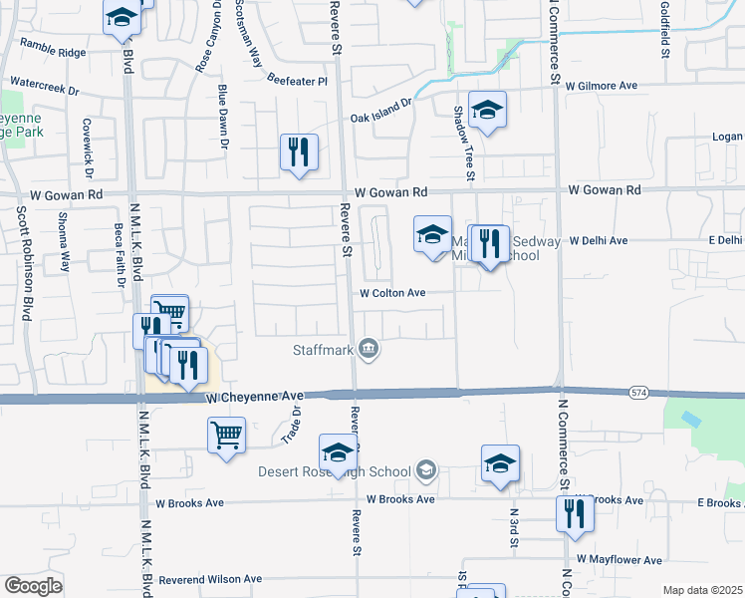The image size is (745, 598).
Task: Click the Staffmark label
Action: pyautogui.click(x=322, y=349)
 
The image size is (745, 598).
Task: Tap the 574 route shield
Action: pyautogui.click(x=638, y=394)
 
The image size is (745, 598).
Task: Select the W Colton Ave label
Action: pyautogui.click(x=392, y=293)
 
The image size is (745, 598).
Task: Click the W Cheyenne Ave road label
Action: pyautogui.click(x=254, y=397)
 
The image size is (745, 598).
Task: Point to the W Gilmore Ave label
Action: pyautogui.click(x=604, y=86)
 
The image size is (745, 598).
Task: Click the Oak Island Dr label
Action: pyautogui.click(x=379, y=112)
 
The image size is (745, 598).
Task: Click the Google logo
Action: pyautogui.click(x=32, y=586)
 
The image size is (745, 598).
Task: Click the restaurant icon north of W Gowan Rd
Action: pyautogui.click(x=298, y=152)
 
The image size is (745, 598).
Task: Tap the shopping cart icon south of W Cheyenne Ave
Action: pyautogui.click(x=227, y=435)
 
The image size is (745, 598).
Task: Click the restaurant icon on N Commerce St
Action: pyautogui.click(x=575, y=513)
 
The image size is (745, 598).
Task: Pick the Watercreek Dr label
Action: pyautogui.click(x=44, y=88)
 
